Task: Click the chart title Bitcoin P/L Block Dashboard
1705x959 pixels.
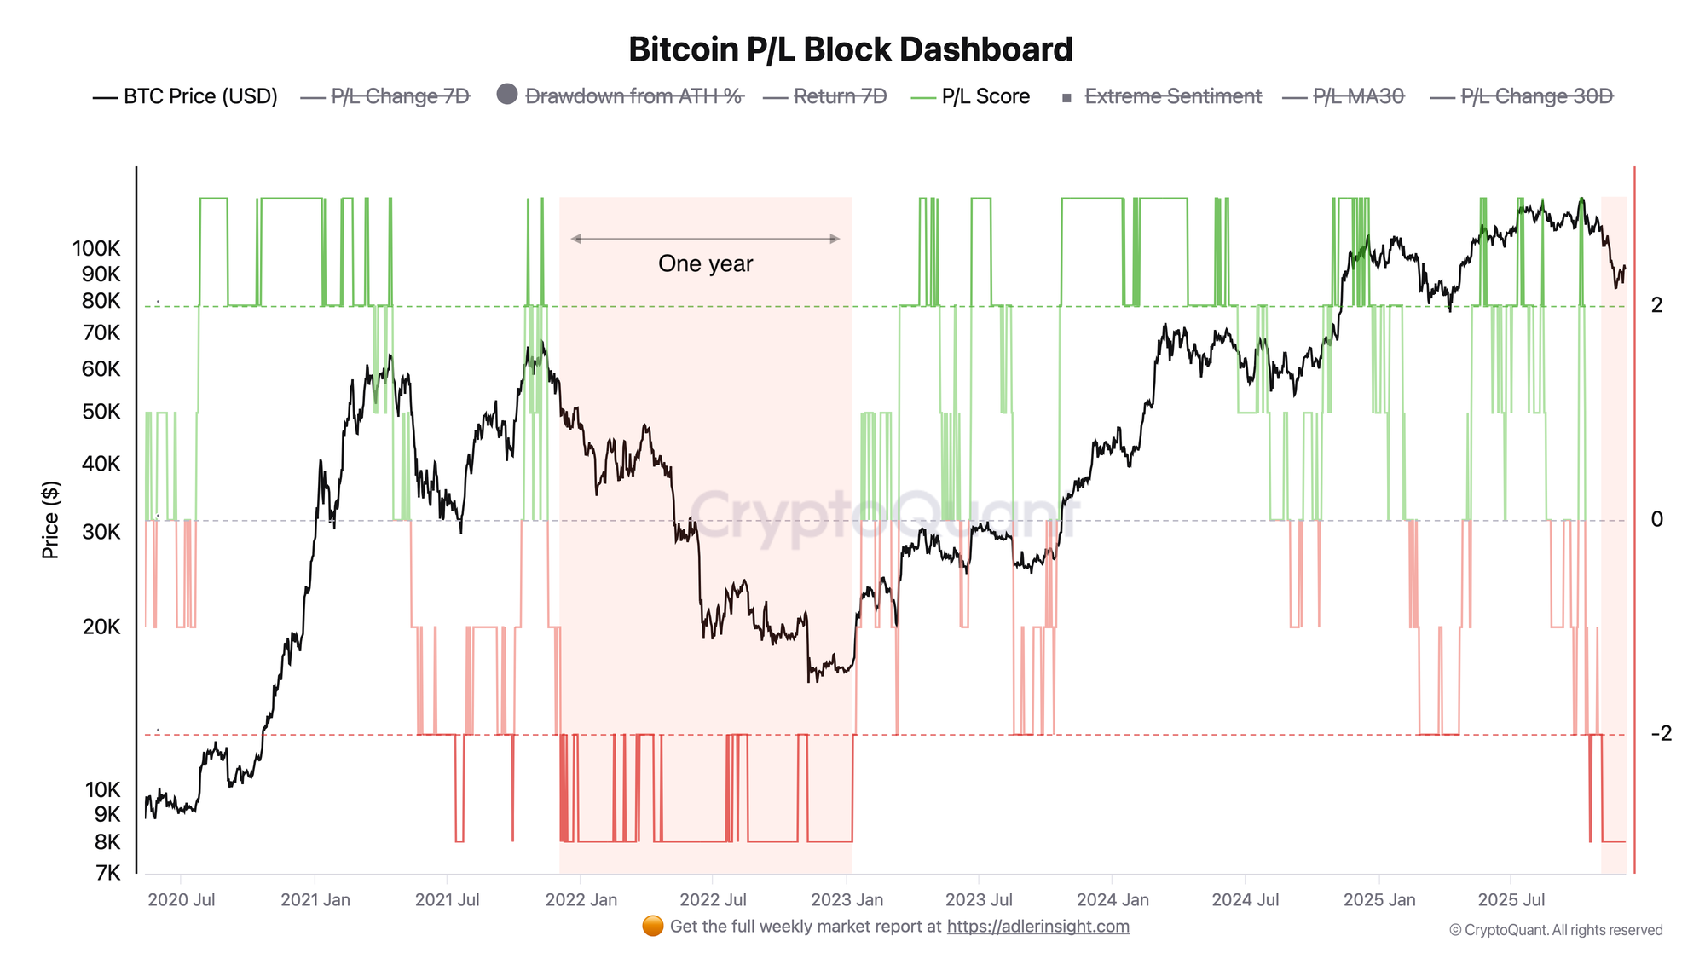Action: coord(850,49)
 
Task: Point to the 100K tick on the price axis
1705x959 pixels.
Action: coord(96,249)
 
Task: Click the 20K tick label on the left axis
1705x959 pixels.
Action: coord(101,627)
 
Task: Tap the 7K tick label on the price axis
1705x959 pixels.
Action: coord(107,873)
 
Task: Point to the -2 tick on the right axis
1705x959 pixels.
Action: coord(1662,733)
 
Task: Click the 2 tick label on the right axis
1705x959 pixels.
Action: coord(1657,305)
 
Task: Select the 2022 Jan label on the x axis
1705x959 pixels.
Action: coord(581,900)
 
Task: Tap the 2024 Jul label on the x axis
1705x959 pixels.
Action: coord(1246,900)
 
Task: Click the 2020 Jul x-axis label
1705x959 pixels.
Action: coord(181,900)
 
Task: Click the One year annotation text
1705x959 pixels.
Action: coord(705,263)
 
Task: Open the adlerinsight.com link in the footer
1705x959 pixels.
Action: coord(1037,927)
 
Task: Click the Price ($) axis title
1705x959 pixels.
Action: coord(50,520)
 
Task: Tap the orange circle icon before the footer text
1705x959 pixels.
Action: coord(653,927)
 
